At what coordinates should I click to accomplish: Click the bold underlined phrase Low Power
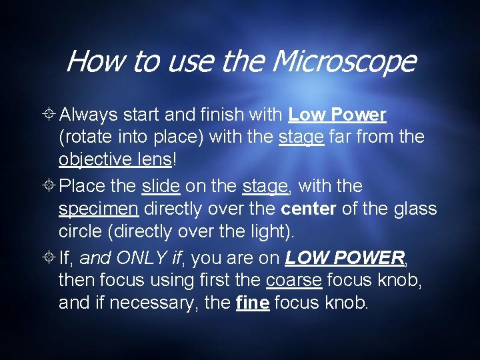click(337, 115)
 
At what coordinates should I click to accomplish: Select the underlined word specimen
click(99, 209)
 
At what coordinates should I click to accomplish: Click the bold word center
click(309, 209)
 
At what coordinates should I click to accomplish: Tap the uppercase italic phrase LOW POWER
click(344, 257)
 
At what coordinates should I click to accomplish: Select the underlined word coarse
click(293, 280)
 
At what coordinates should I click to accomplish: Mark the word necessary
click(154, 303)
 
